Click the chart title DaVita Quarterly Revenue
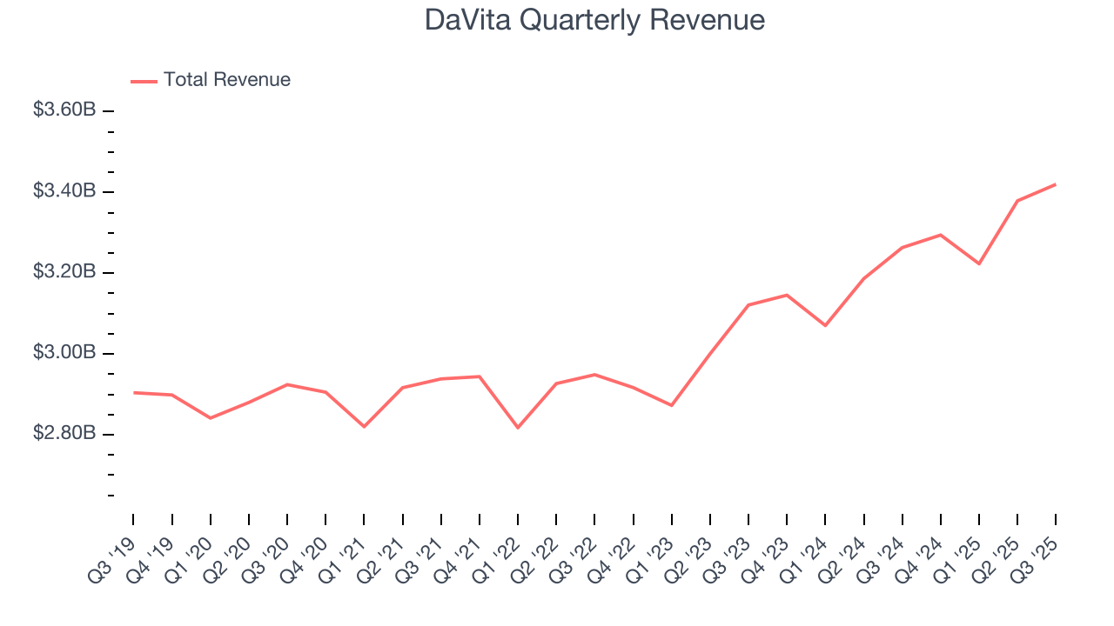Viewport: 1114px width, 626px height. click(594, 20)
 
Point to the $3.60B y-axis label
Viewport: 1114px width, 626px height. click(64, 110)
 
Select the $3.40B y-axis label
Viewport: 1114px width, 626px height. click(64, 191)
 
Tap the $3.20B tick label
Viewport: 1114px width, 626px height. click(64, 272)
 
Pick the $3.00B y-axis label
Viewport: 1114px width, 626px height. click(64, 353)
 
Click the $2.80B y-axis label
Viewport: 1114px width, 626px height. click(64, 434)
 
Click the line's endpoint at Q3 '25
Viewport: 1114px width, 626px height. click(1056, 184)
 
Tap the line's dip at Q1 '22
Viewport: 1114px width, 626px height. click(518, 428)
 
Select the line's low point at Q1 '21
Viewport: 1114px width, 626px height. click(364, 427)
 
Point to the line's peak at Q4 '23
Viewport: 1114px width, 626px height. click(787, 295)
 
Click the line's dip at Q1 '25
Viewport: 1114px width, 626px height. click(979, 263)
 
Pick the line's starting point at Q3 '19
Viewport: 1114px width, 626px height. click(134, 393)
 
